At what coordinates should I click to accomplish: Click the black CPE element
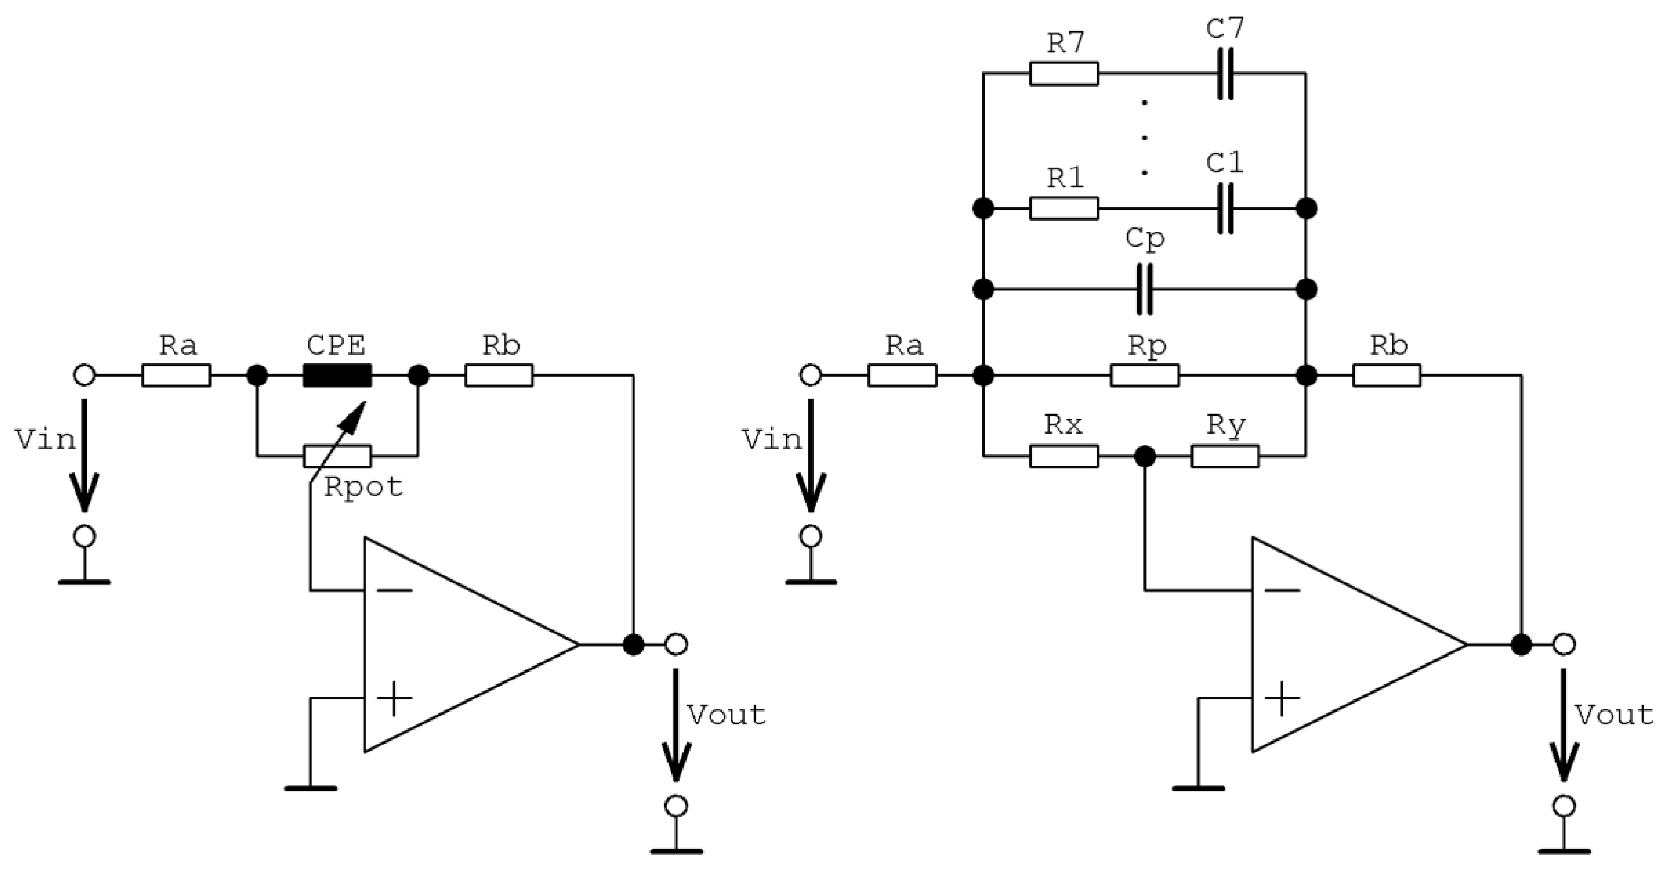tap(337, 375)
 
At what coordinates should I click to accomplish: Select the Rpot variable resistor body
tap(337, 456)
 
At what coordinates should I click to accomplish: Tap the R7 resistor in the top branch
tap(1064, 74)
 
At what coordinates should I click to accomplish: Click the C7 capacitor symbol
tap(1224, 74)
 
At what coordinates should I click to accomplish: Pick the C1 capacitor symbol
tap(1224, 208)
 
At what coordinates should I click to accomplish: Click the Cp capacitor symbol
tap(1145, 289)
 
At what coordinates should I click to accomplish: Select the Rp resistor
tap(1144, 375)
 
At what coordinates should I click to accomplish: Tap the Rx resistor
tap(1064, 456)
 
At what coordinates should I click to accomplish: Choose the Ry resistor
tap(1224, 456)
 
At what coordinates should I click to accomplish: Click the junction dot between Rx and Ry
tap(1145, 456)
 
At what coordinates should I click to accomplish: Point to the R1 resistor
tap(1064, 208)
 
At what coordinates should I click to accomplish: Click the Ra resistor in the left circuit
tap(176, 375)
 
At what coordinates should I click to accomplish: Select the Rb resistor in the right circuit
tap(1386, 375)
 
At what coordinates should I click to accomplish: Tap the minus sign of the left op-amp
tap(394, 590)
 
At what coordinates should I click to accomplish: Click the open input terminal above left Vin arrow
tap(85, 375)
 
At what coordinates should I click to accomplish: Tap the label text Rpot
tap(363, 487)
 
